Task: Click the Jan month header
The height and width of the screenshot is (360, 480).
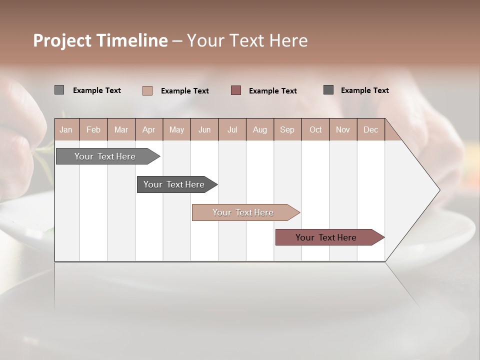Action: point(66,129)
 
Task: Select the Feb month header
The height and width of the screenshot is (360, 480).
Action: point(93,129)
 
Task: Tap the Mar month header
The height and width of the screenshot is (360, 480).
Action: point(121,129)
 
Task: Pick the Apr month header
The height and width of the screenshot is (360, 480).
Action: point(148,129)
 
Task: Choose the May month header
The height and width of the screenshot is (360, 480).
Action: point(176,129)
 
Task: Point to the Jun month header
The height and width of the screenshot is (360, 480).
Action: point(204,129)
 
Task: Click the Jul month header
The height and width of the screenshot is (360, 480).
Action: point(232,129)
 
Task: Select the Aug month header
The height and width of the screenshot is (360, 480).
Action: point(259,129)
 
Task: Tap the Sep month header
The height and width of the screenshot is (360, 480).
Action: point(287,129)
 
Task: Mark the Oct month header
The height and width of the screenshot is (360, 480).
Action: point(315,129)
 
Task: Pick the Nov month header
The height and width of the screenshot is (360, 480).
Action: point(342,129)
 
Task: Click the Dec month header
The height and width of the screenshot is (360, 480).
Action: point(370,129)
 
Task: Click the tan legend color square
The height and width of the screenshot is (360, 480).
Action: point(147,90)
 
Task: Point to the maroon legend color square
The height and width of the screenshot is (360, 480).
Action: point(236,90)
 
